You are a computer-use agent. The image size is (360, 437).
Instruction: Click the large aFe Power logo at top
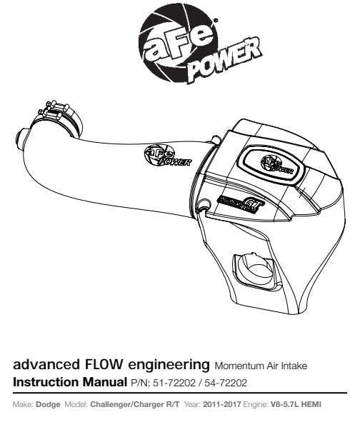[x=200, y=46]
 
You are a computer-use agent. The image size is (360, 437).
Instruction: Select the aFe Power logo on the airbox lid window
[x=276, y=165]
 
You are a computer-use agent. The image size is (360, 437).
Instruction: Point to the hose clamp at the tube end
[x=60, y=119]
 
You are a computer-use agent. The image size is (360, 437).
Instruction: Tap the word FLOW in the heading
[x=101, y=364]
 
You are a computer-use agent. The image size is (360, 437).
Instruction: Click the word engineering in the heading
[x=169, y=365]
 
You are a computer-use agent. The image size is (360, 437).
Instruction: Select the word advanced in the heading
[x=46, y=364]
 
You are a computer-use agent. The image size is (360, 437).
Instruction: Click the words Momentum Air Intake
[x=261, y=366]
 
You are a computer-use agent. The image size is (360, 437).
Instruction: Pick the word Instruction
[x=46, y=382]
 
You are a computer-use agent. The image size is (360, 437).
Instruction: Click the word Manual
[x=104, y=382]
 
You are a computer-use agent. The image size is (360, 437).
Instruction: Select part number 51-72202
[x=174, y=383]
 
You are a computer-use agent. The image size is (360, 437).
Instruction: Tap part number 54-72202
[x=226, y=383]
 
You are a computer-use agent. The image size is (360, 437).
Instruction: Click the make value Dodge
[x=48, y=404]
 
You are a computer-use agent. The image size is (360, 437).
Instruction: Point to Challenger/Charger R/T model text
[x=135, y=404]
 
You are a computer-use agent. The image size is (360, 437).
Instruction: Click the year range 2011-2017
[x=221, y=404]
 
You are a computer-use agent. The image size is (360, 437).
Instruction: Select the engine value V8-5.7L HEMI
[x=296, y=404]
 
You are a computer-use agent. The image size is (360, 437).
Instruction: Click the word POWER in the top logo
[x=225, y=59]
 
